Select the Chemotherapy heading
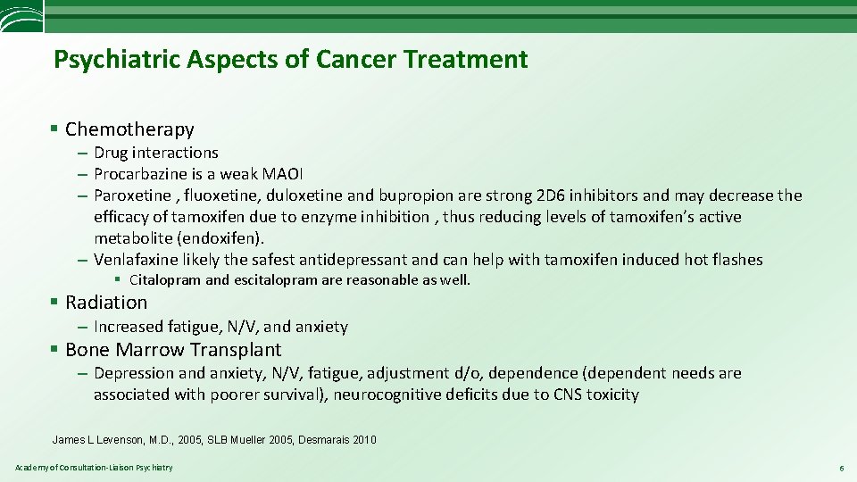click(129, 129)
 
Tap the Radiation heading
click(105, 303)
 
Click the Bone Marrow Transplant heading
click(172, 350)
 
